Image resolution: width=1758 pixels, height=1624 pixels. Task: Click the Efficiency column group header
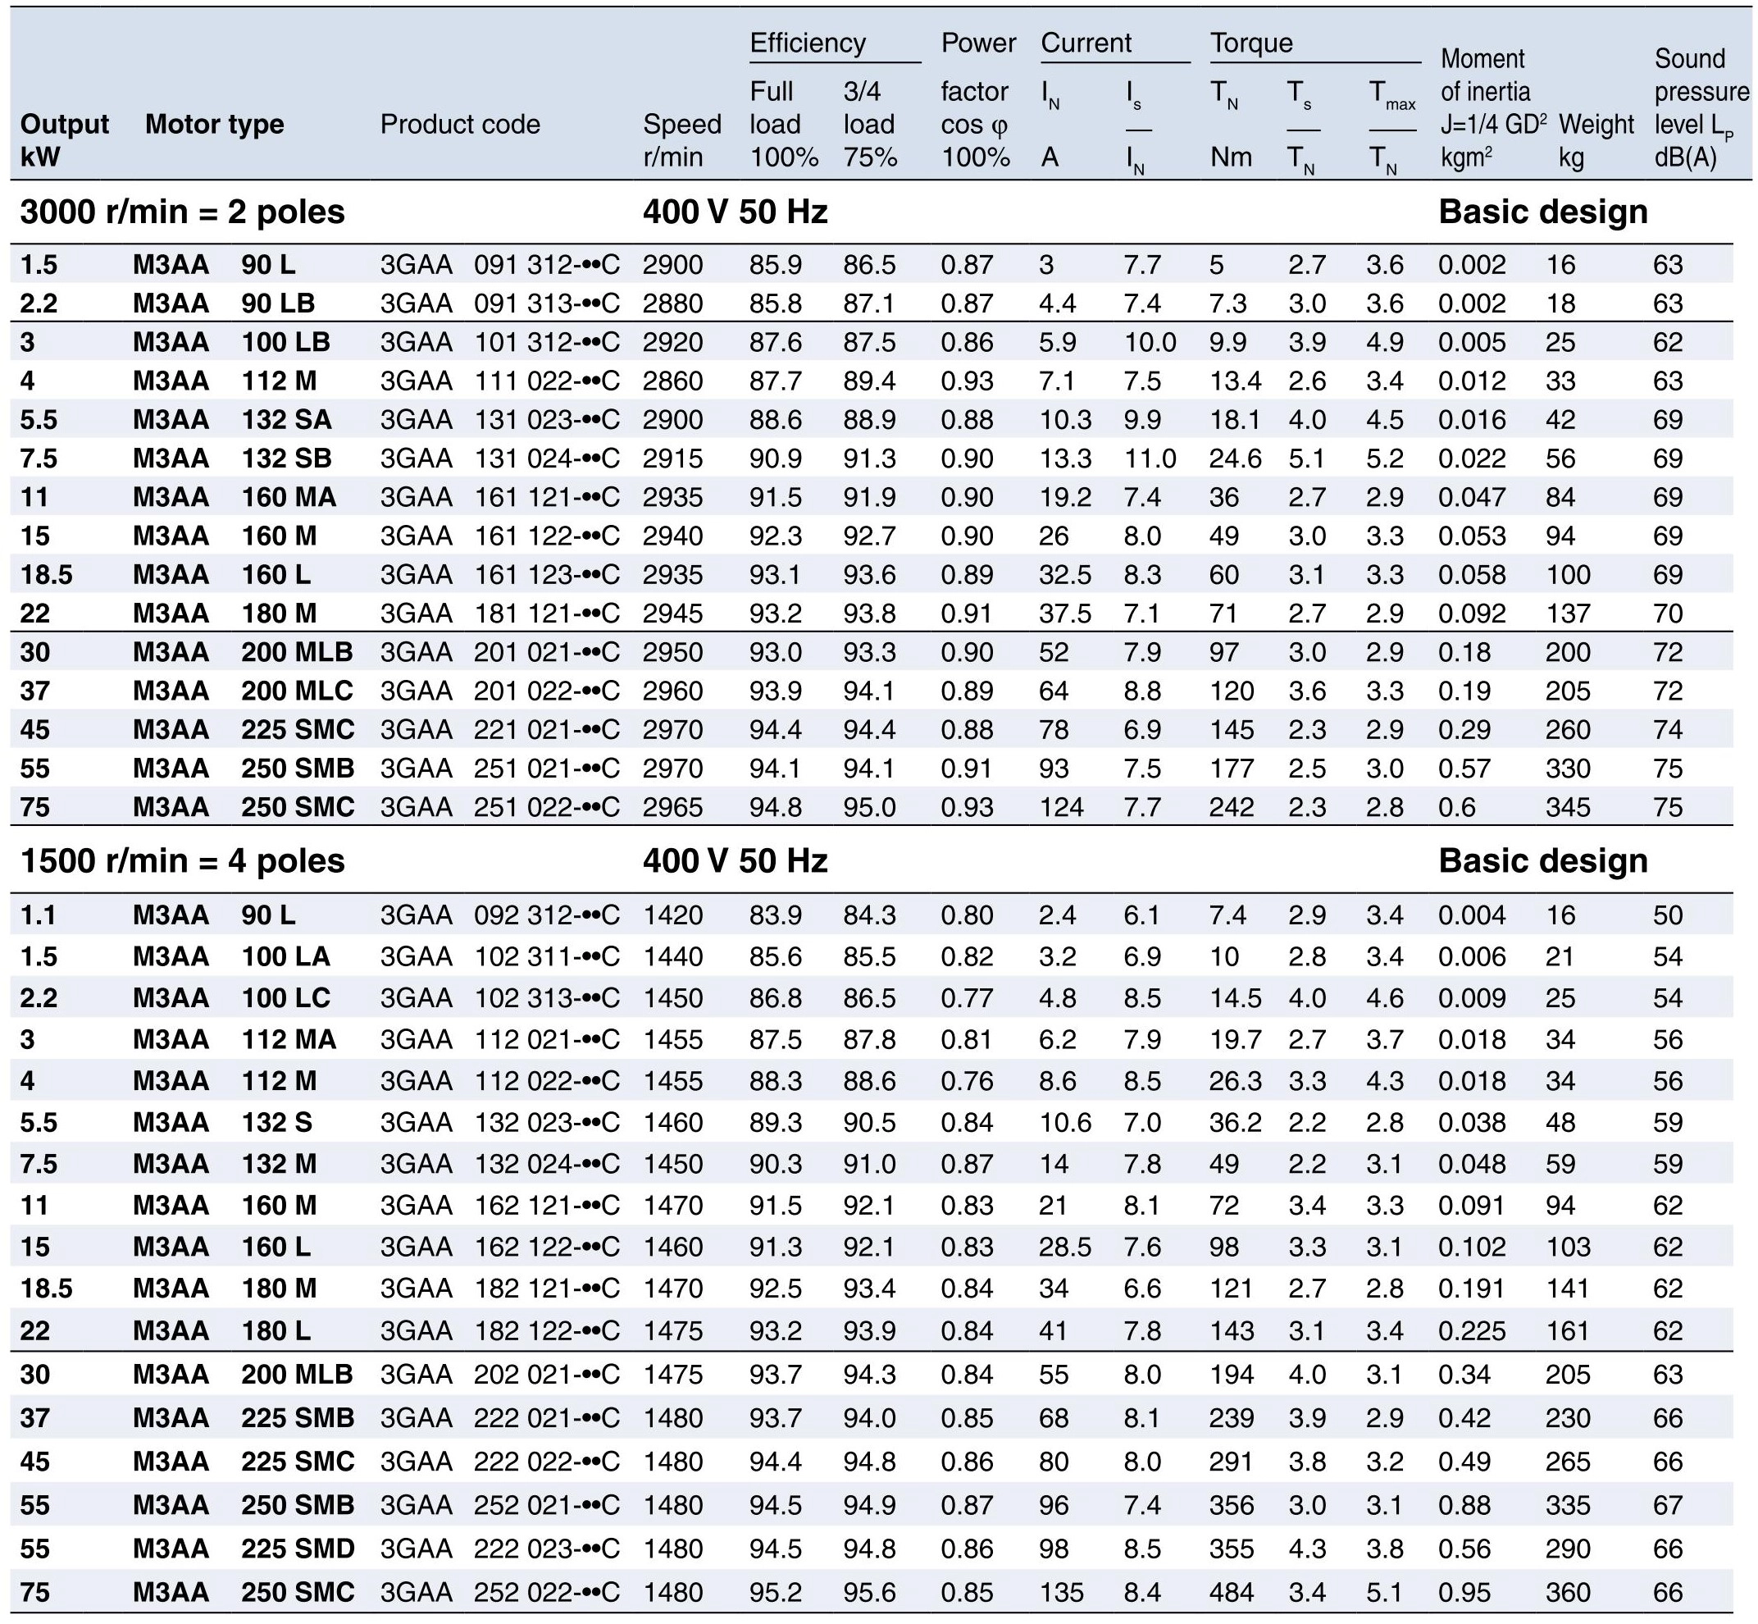click(x=808, y=42)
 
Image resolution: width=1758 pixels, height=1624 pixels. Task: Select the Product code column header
click(x=459, y=124)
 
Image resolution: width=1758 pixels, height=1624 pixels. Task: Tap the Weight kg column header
click(x=1596, y=139)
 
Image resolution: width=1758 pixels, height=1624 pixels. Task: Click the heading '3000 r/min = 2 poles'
click(x=183, y=212)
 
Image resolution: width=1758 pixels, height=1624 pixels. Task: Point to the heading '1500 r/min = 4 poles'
click(x=183, y=860)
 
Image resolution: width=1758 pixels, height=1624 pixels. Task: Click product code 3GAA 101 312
click(x=500, y=342)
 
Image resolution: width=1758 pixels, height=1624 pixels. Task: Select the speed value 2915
click(x=672, y=458)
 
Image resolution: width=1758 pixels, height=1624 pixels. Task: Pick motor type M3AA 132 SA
click(x=233, y=419)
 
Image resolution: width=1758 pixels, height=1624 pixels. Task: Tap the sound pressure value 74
click(x=1668, y=729)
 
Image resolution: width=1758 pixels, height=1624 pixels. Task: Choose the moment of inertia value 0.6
click(x=1456, y=807)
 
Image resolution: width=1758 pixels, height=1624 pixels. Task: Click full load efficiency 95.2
click(x=775, y=1591)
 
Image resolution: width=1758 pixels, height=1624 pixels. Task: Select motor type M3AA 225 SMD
click(x=244, y=1548)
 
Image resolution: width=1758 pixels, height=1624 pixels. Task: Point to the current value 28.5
click(x=1065, y=1246)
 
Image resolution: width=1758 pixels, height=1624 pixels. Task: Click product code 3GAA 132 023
click(x=500, y=1122)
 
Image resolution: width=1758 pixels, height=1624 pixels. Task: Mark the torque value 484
click(x=1231, y=1591)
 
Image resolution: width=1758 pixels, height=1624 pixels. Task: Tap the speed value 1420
click(x=672, y=915)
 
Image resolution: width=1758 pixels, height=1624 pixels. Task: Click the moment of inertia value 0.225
click(x=1472, y=1330)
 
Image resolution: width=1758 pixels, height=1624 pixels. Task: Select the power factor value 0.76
click(x=967, y=1081)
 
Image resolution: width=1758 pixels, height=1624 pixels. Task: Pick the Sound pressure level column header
click(x=1700, y=107)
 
